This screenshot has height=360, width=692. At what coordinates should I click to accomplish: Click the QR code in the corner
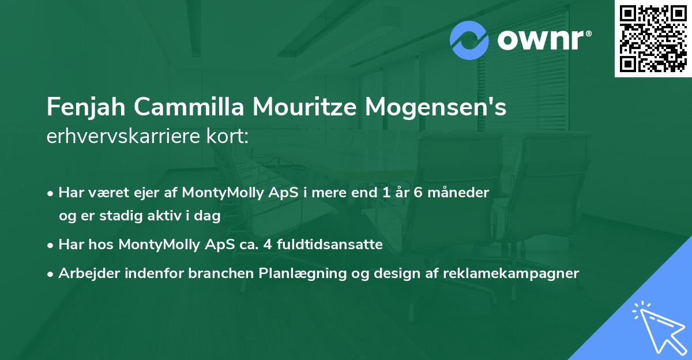653,38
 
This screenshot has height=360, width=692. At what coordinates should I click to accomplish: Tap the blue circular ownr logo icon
470,40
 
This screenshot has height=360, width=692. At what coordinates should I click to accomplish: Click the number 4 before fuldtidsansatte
267,245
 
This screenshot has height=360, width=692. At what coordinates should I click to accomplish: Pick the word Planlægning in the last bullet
300,273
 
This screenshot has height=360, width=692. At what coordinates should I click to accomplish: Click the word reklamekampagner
510,273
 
